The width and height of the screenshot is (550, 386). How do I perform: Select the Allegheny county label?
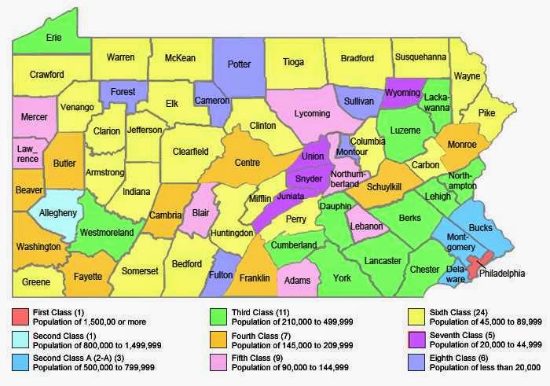[53, 213]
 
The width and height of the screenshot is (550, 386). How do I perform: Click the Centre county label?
[247, 163]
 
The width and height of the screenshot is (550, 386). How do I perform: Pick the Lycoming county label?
[312, 113]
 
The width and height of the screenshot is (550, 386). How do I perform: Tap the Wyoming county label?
[404, 94]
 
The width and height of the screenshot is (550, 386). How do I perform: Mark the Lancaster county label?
[383, 260]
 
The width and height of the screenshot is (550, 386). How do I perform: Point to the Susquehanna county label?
[420, 57]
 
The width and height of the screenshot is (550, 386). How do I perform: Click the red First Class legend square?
[20, 316]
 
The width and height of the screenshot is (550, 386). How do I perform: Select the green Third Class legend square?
[219, 316]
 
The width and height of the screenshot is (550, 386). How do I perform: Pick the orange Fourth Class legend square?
[219, 340]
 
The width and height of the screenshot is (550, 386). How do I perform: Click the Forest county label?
[123, 91]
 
